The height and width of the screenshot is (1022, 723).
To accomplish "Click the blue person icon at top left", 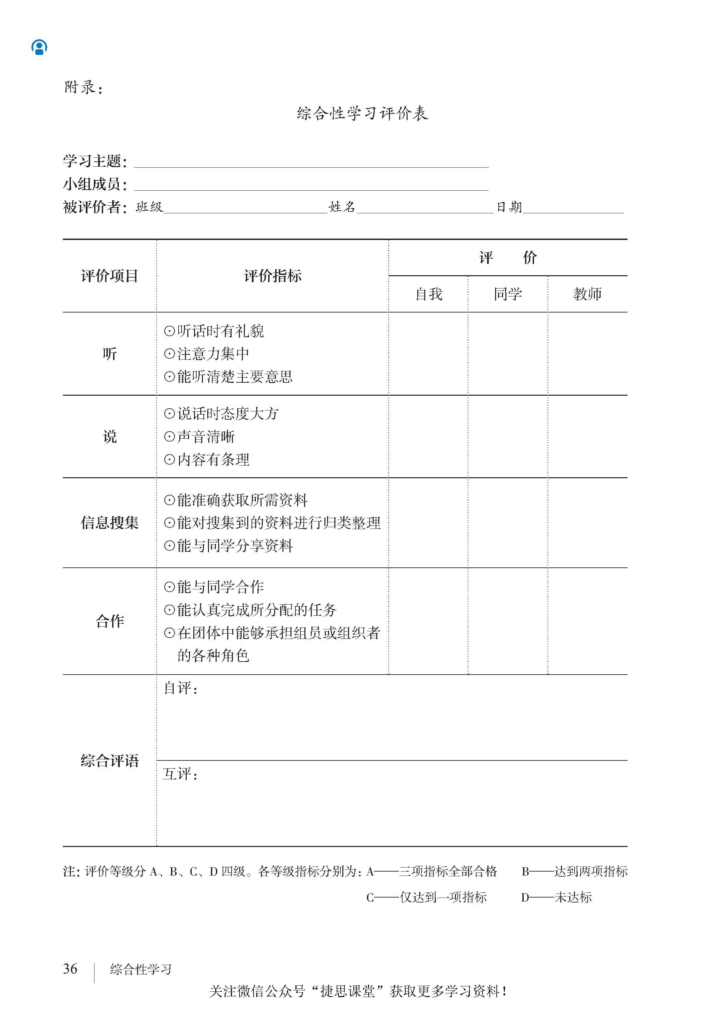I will point(39,47).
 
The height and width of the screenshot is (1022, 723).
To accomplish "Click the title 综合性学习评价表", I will point(362,113).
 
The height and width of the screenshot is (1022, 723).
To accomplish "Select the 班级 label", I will point(149,207).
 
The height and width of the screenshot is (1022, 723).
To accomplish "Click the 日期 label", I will point(509,207).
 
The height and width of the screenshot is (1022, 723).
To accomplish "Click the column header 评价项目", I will point(109,276).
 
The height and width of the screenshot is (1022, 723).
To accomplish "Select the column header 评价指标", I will point(272,276).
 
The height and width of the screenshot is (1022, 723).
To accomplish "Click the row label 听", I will point(109,354).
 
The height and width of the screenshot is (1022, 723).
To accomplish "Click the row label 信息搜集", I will point(109,523).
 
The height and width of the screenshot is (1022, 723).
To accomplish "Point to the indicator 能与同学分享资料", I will point(234,546).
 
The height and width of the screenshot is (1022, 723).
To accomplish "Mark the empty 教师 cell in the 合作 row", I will point(587,621).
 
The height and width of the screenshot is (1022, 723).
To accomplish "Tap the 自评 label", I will point(180,689).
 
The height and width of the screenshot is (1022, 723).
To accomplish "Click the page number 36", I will point(70,968).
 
